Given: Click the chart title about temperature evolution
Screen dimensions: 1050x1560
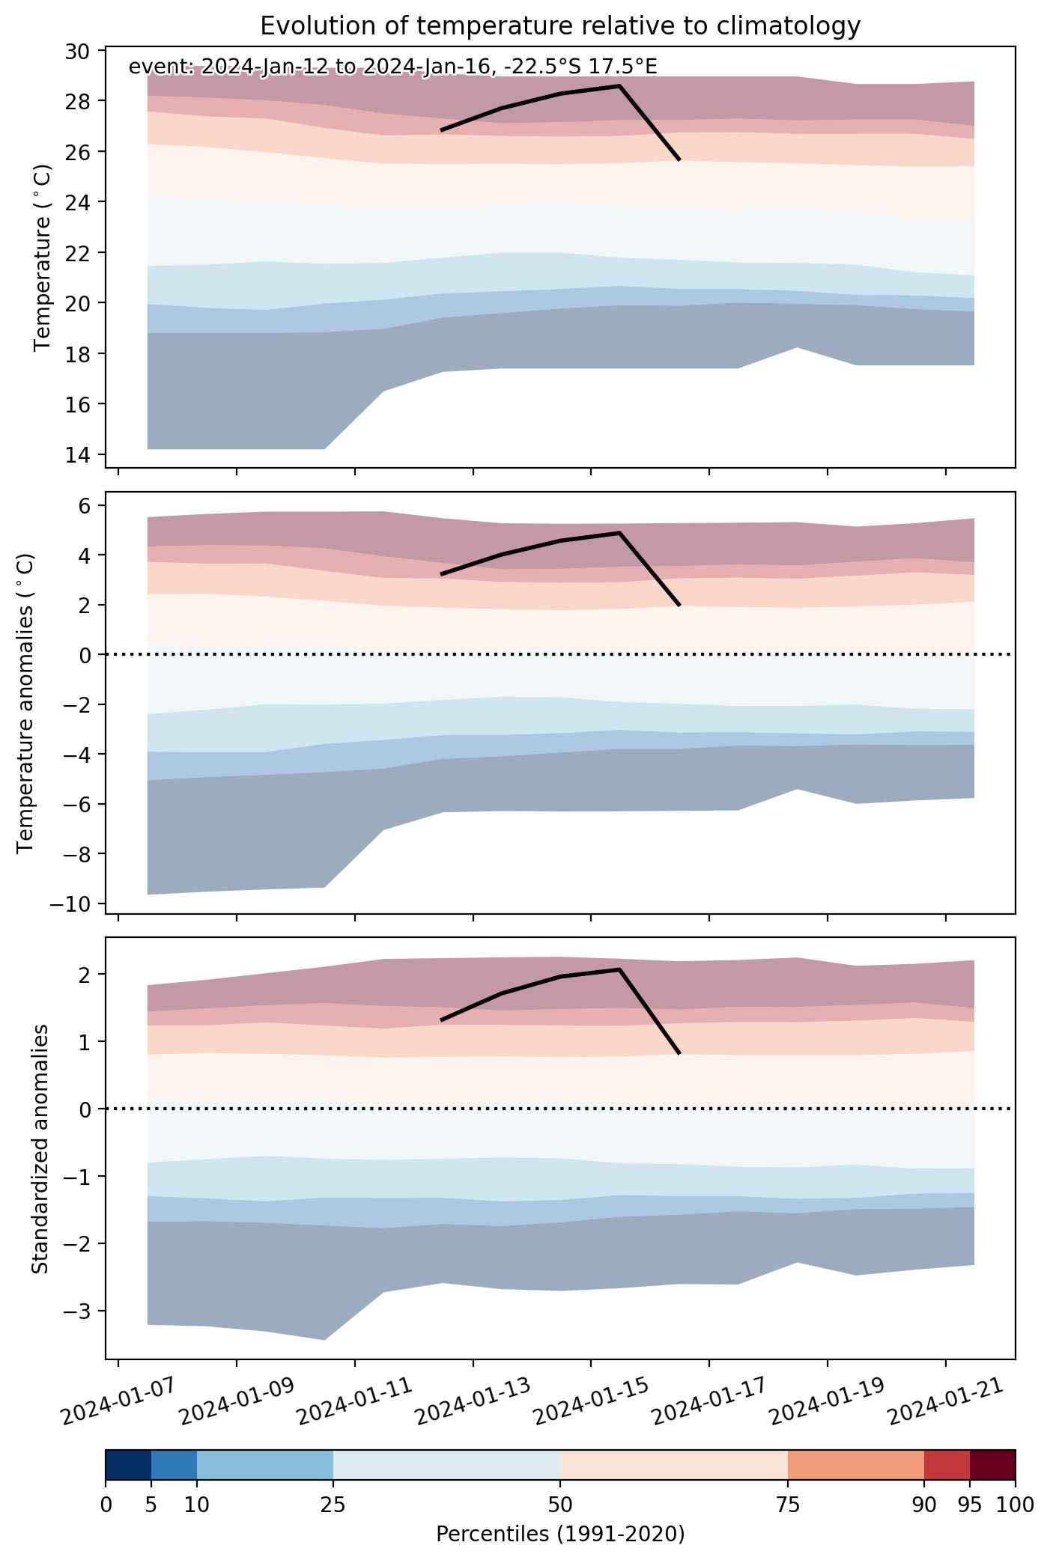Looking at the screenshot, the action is (560, 26).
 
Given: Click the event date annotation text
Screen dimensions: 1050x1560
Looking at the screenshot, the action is (393, 67).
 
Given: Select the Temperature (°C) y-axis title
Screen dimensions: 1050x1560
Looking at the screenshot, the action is (43, 258).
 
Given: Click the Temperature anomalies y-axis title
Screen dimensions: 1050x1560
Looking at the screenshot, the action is (26, 702).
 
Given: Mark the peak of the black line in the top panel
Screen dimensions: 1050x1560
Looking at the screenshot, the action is (619, 85).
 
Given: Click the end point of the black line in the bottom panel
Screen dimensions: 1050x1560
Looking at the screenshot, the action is (679, 1053).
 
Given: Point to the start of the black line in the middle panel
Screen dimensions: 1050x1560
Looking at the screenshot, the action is (442, 574).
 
